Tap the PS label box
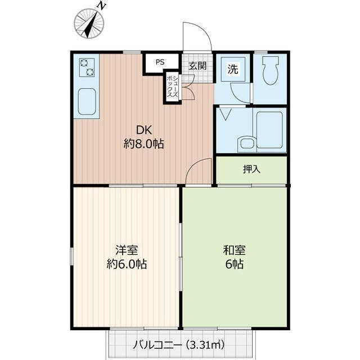(x=160, y=62)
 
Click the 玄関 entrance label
(x=197, y=66)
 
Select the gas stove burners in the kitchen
(x=87, y=68)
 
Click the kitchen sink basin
(x=87, y=101)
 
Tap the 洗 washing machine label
(x=233, y=69)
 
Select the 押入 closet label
(x=251, y=169)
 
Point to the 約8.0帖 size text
(x=143, y=143)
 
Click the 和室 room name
(x=234, y=250)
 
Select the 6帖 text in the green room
(x=234, y=264)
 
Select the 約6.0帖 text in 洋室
(x=127, y=264)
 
